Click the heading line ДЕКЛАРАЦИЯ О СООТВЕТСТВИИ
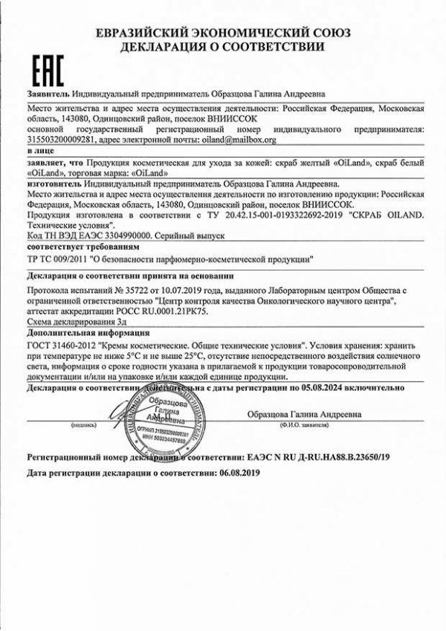point(222,46)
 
